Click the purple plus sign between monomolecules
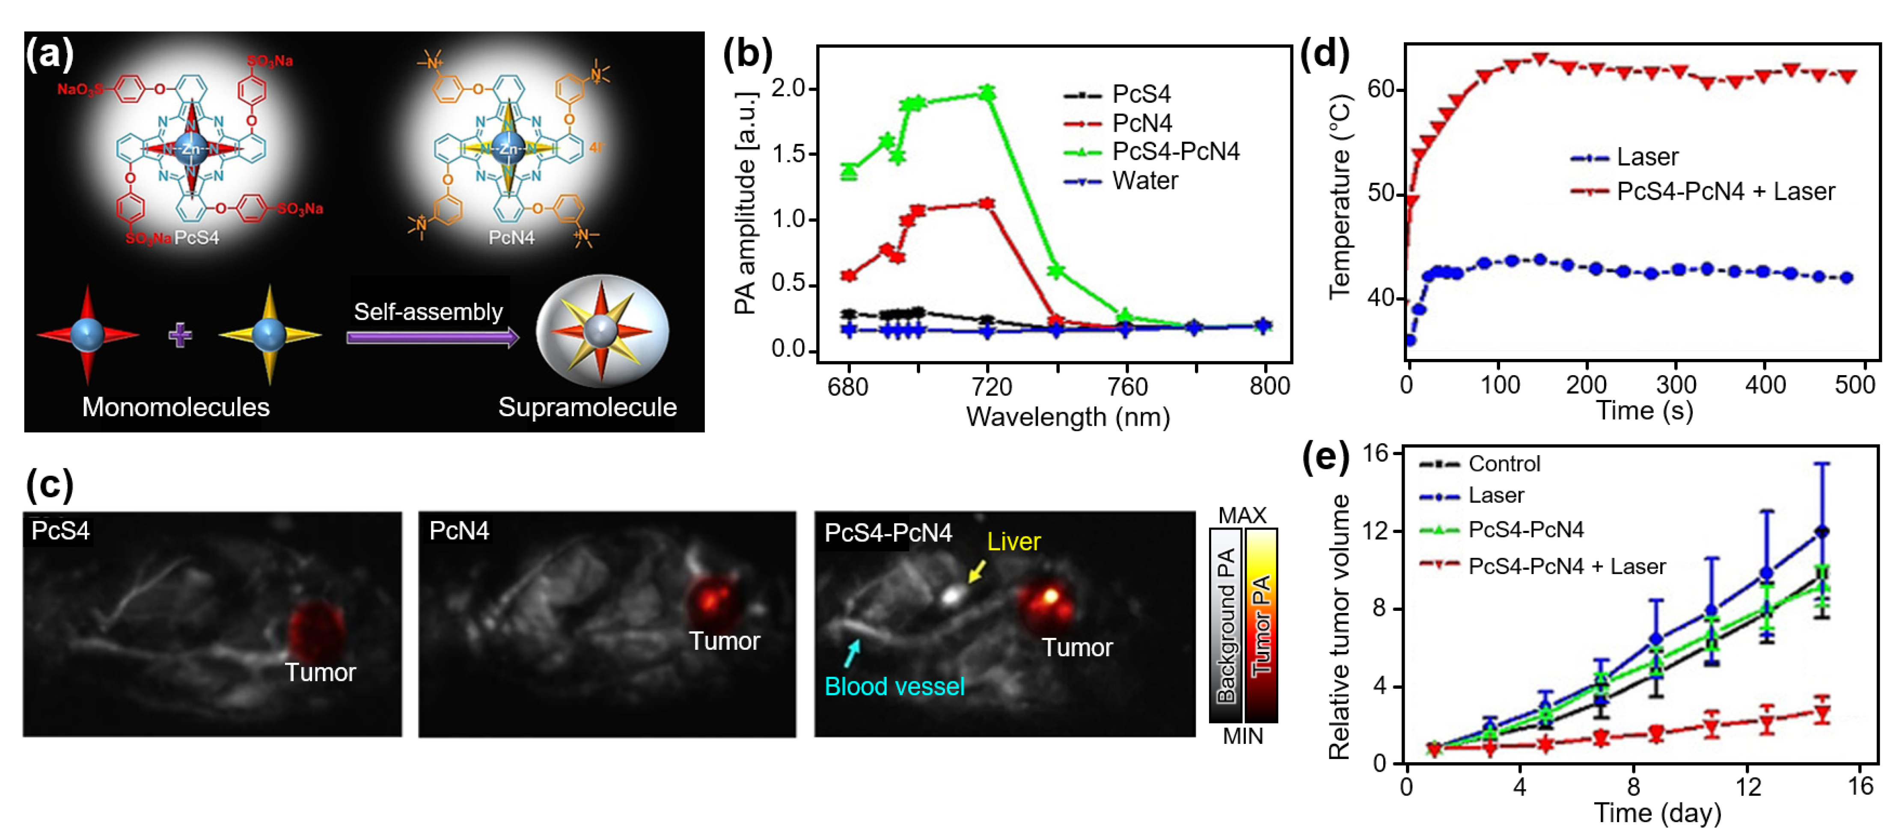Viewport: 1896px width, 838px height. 180,335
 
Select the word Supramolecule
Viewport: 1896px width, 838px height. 587,407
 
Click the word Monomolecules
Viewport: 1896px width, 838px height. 176,407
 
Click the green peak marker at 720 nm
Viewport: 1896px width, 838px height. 987,93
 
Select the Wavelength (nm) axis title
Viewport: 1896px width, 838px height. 1067,417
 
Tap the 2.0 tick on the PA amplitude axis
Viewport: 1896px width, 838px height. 788,89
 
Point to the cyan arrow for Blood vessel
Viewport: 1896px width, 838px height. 852,651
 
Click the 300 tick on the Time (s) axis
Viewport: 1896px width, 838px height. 1676,385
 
